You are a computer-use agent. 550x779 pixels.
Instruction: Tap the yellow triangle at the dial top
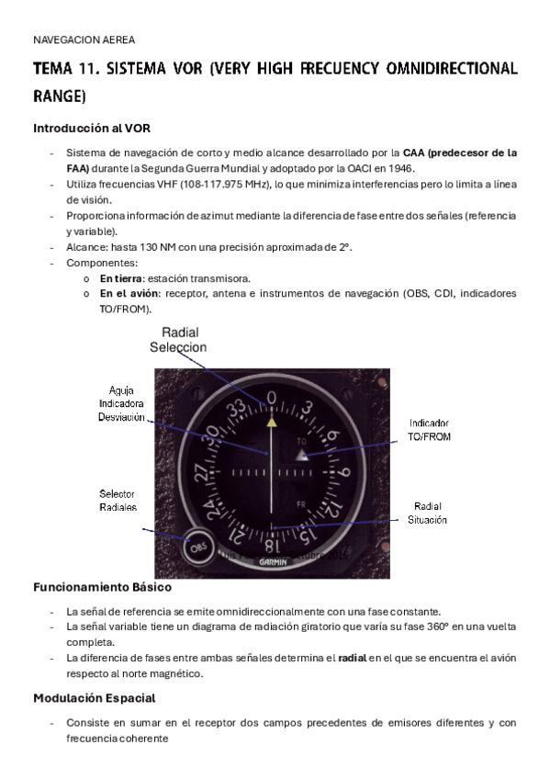coord(271,423)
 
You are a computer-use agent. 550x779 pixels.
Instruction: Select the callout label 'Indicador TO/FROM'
coord(429,430)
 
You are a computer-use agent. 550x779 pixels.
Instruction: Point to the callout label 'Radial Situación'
coord(428,513)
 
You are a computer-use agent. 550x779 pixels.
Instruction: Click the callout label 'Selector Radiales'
coord(117,501)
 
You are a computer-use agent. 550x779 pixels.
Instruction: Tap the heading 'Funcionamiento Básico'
coord(102,586)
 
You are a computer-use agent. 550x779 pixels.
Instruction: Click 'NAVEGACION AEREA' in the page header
coord(84,40)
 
